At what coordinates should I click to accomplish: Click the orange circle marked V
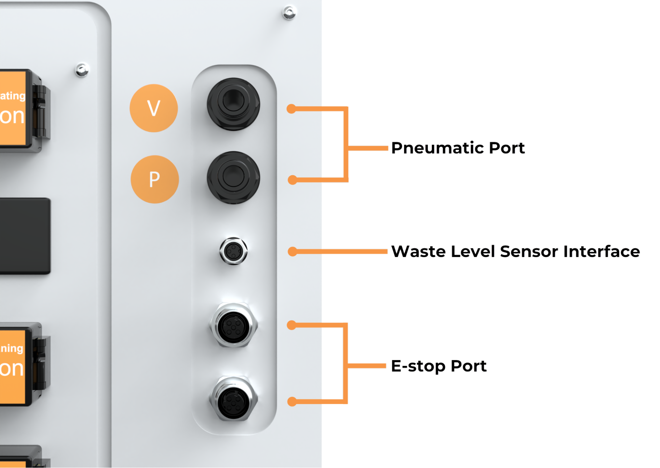154,108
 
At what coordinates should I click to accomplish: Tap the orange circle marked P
155,179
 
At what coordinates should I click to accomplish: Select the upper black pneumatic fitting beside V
233,103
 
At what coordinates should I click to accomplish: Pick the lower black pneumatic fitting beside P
233,177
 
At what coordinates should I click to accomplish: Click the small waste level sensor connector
233,251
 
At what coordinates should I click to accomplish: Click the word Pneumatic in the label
437,148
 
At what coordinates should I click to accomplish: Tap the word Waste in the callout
418,251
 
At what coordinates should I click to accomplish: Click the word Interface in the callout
602,251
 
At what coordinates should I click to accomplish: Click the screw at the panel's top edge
290,13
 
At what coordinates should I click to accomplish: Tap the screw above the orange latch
82,70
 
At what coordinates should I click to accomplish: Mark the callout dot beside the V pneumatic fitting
291,109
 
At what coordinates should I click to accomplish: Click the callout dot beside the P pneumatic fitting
292,180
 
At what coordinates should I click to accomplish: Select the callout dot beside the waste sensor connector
292,252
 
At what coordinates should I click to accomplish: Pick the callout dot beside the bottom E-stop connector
292,402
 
